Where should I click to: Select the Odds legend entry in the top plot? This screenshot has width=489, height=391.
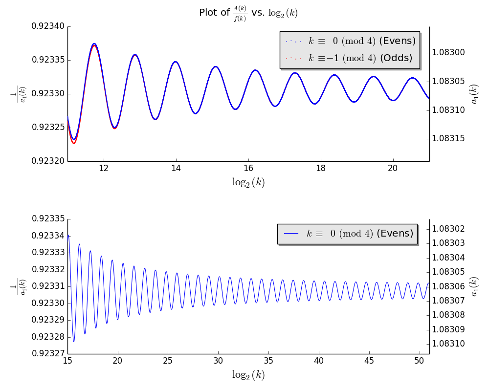pos(350,58)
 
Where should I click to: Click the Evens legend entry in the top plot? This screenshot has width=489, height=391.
pos(350,41)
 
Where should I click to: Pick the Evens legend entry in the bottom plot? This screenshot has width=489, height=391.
pos(347,234)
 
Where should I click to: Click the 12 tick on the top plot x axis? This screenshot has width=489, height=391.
pos(104,169)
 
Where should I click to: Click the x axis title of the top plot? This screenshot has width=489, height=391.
pos(248,182)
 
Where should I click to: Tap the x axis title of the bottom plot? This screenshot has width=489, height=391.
pos(248,375)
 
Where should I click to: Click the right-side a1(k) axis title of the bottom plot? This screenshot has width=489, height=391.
pos(474,286)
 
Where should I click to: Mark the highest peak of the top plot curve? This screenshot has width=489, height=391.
pos(94,43)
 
